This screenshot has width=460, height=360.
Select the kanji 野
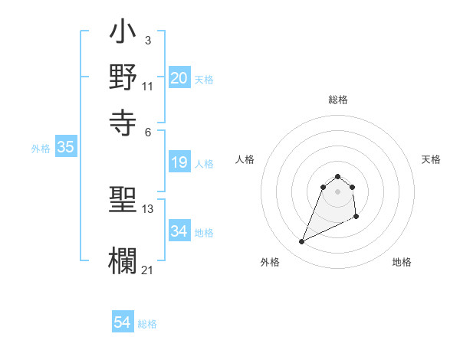click(x=123, y=78)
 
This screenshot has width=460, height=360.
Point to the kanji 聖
click(x=123, y=201)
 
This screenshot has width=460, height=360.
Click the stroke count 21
click(x=148, y=269)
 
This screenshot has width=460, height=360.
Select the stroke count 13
click(x=148, y=208)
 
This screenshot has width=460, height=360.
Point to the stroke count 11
click(x=148, y=86)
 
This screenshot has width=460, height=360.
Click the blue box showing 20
click(x=179, y=78)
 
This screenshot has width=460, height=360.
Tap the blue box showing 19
click(x=179, y=162)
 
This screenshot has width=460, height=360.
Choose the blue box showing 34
click(x=179, y=231)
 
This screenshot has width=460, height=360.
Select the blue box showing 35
click(x=65, y=148)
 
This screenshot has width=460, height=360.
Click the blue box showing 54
click(x=123, y=322)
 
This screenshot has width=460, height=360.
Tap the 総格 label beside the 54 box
click(x=147, y=324)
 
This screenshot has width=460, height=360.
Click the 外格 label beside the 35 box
click(x=41, y=149)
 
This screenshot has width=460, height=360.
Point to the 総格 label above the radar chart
click(x=338, y=100)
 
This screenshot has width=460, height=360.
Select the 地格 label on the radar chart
click(x=402, y=263)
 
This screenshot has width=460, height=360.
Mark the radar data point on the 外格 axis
click(x=302, y=242)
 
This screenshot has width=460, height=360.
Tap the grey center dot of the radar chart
click(x=338, y=191)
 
